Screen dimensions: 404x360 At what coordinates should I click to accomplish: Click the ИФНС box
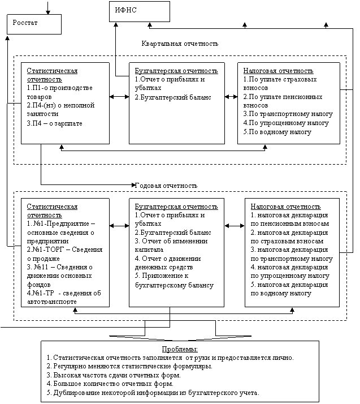pos(139,11)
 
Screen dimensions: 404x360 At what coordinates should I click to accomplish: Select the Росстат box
pos(33,24)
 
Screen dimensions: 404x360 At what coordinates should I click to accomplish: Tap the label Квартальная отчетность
pos(180,44)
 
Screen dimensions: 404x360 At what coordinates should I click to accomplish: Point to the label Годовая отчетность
pos(166,186)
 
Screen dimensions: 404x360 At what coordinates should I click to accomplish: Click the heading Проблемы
pos(180,349)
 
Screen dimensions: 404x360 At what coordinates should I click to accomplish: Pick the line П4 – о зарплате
pos(54,123)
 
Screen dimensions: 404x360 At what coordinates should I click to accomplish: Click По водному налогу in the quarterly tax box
pos(277,131)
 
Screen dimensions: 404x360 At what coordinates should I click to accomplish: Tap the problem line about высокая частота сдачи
pos(113,375)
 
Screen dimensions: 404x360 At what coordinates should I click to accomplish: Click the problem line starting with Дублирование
pos(153,392)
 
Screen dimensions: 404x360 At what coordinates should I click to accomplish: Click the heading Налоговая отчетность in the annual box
pos(285,207)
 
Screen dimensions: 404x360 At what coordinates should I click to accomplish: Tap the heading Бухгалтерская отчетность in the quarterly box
pos(176,71)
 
